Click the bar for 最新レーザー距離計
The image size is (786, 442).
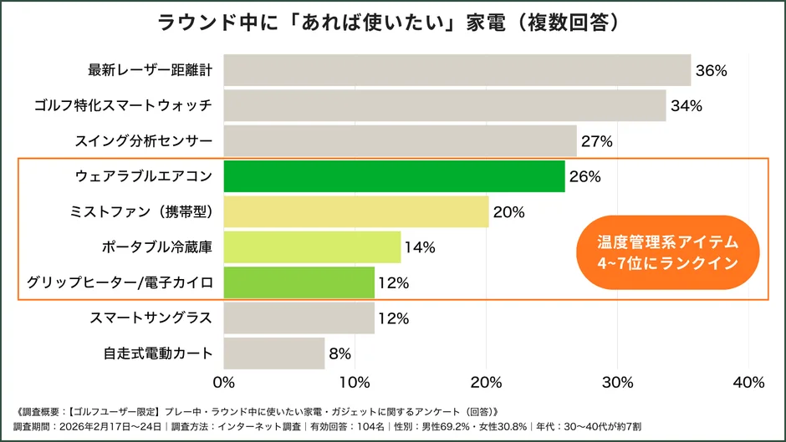457,70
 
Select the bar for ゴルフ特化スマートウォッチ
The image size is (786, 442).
445,106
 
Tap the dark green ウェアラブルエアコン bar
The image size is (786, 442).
395,177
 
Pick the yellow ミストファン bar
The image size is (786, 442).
356,212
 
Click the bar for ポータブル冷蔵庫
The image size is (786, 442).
313,247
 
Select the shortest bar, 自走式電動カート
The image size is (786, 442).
274,353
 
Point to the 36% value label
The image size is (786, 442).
712,71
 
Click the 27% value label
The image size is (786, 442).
597,142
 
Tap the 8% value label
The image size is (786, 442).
340,353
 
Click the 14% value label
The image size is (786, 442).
420,248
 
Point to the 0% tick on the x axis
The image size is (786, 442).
224,383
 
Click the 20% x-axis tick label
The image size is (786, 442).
486,383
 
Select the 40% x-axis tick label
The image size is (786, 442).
748,383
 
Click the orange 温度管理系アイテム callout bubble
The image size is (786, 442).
666,252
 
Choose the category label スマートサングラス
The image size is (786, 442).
151,318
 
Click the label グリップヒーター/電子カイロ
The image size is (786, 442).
120,282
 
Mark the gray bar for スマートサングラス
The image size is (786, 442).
299,318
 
